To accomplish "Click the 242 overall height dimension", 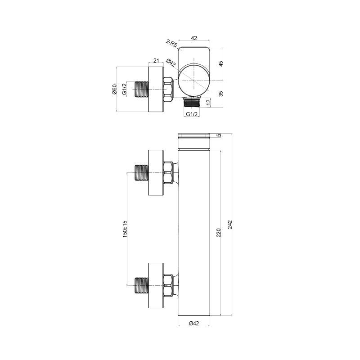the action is click(x=230, y=225).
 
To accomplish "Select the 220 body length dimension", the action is click(x=218, y=233).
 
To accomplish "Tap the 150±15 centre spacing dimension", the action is click(x=125, y=229).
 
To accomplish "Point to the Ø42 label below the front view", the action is click(x=194, y=323).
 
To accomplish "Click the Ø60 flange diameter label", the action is click(x=114, y=89).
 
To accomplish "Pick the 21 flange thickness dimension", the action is click(x=156, y=61).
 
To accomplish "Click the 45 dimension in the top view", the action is click(x=221, y=64).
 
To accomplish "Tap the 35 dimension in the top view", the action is click(x=221, y=94).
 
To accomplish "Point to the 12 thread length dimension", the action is click(x=208, y=102).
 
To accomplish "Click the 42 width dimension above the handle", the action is click(x=194, y=38).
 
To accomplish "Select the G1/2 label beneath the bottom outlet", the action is click(x=192, y=114).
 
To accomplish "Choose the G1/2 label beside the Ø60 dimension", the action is click(x=124, y=89).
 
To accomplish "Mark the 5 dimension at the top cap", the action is click(x=220, y=135).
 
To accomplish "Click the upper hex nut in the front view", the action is click(x=168, y=173).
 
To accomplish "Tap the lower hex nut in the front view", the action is click(x=168, y=285).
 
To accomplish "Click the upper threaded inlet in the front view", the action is click(x=141, y=173).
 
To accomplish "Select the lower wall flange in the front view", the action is click(x=156, y=285).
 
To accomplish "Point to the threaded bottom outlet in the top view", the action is click(x=192, y=102).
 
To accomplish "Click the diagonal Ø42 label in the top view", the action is click(x=171, y=63).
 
